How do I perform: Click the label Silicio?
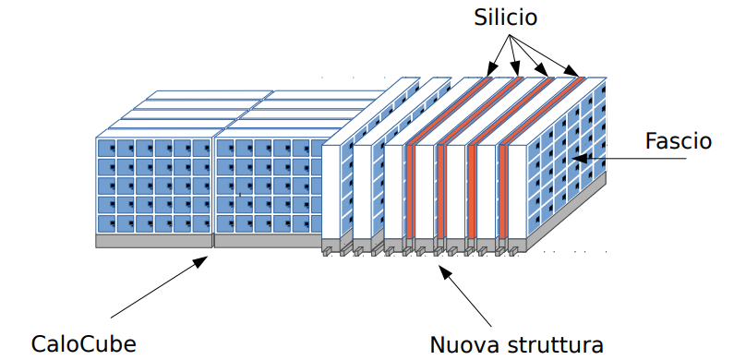pyautogui.click(x=505, y=18)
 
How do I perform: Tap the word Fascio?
pyautogui.click(x=679, y=141)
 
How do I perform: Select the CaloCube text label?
pyautogui.click(x=84, y=344)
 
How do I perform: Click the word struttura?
pyautogui.click(x=551, y=345)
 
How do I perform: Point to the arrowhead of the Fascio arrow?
pyautogui.click(x=579, y=158)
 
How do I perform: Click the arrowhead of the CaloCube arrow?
pyautogui.click(x=201, y=261)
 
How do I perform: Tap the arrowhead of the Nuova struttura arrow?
pyautogui.click(x=445, y=272)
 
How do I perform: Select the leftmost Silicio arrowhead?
pyautogui.click(x=490, y=69)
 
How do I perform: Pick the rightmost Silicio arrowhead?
pyautogui.click(x=573, y=71)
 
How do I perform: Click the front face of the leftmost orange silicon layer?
pyautogui.click(x=410, y=191)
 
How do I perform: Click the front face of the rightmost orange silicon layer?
pyautogui.click(x=502, y=191)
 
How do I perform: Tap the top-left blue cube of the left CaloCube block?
pyautogui.click(x=107, y=148)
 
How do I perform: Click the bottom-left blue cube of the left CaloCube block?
pyautogui.click(x=107, y=223)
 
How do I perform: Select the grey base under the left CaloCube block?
pyautogui.click(x=154, y=241)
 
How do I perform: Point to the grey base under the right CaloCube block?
pyautogui.click(x=268, y=241)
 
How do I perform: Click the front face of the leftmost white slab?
pyautogui.click(x=331, y=191)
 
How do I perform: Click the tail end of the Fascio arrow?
pyautogui.click(x=686, y=158)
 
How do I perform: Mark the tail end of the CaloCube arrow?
pyautogui.click(x=111, y=318)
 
